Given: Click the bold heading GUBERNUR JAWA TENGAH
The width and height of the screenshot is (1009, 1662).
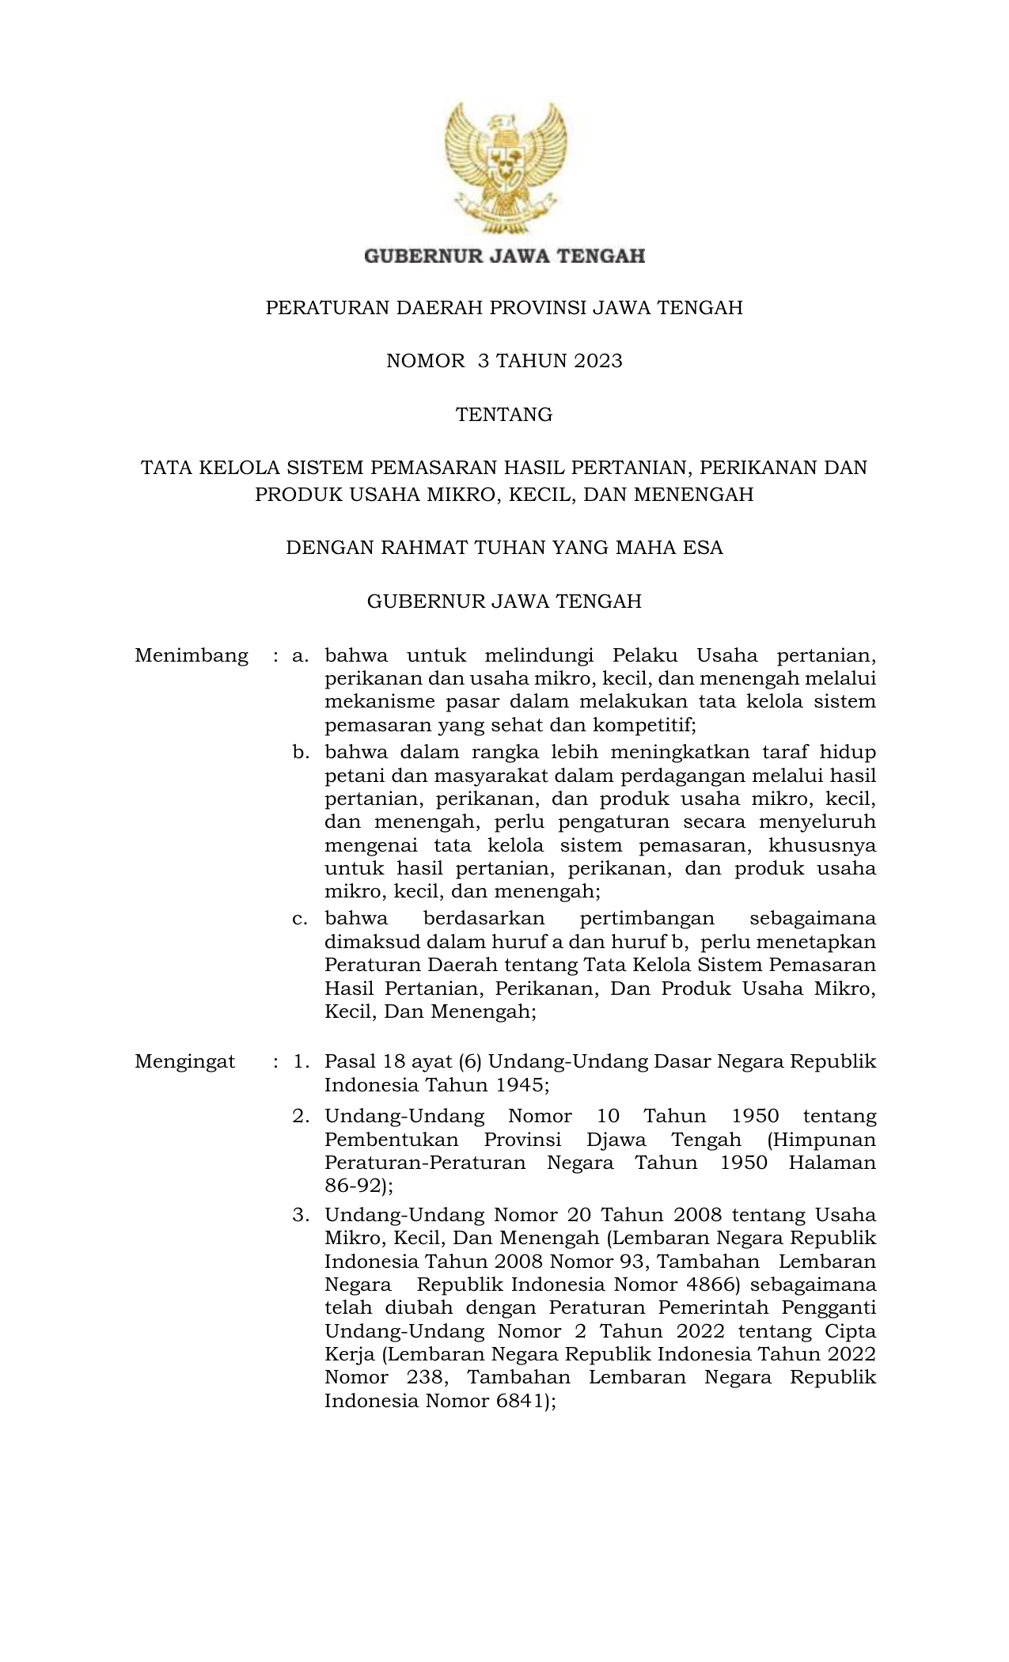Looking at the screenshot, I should [504, 256].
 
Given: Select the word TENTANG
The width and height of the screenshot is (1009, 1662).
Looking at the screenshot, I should [504, 415].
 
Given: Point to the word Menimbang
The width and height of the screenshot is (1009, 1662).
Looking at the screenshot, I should [192, 656].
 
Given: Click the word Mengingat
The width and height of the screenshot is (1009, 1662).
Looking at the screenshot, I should [185, 1062].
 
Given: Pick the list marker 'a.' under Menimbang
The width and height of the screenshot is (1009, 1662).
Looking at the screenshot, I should [300, 656].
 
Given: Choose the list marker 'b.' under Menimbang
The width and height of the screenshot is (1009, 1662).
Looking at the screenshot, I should [300, 752].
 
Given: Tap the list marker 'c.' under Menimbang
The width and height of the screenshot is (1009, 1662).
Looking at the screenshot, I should [300, 919].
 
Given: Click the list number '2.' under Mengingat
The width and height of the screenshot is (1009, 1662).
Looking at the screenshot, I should [300, 1117].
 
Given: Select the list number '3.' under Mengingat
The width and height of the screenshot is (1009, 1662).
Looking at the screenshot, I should [300, 1215].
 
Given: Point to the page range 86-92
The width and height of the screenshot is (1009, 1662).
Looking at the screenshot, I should [352, 1186].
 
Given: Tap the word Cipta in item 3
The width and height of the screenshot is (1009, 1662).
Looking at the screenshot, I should [851, 1331].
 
